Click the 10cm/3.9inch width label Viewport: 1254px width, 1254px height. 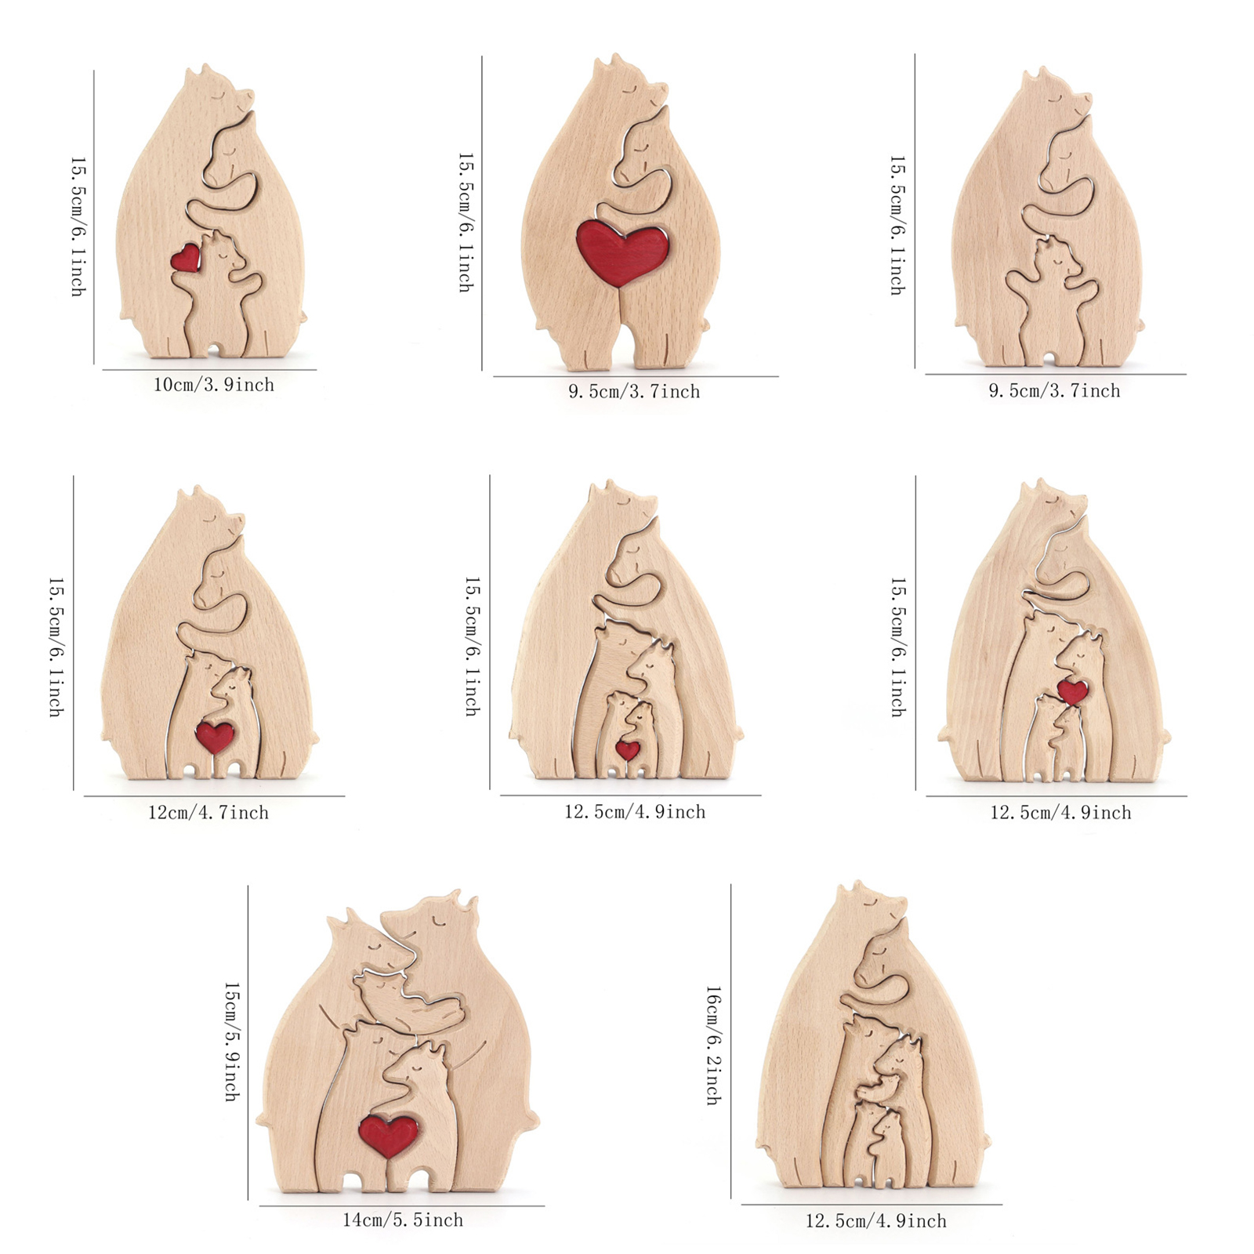click(x=213, y=385)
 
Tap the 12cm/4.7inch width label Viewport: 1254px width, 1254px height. click(x=208, y=813)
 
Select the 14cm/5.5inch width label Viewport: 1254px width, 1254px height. click(x=403, y=1220)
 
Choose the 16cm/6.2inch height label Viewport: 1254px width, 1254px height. click(x=714, y=1046)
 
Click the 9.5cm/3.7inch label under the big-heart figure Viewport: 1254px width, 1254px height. click(x=634, y=391)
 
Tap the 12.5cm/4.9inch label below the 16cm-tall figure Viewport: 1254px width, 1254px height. click(x=875, y=1220)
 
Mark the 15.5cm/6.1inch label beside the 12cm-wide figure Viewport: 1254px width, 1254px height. click(x=56, y=647)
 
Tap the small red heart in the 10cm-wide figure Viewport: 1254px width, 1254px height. click(x=186, y=258)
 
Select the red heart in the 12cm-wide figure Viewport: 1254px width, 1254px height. click(x=215, y=736)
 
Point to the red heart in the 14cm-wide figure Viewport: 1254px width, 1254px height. click(x=388, y=1136)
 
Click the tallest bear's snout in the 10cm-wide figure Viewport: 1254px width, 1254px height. click(x=245, y=97)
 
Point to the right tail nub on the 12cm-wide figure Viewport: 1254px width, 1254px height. click(x=313, y=738)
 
